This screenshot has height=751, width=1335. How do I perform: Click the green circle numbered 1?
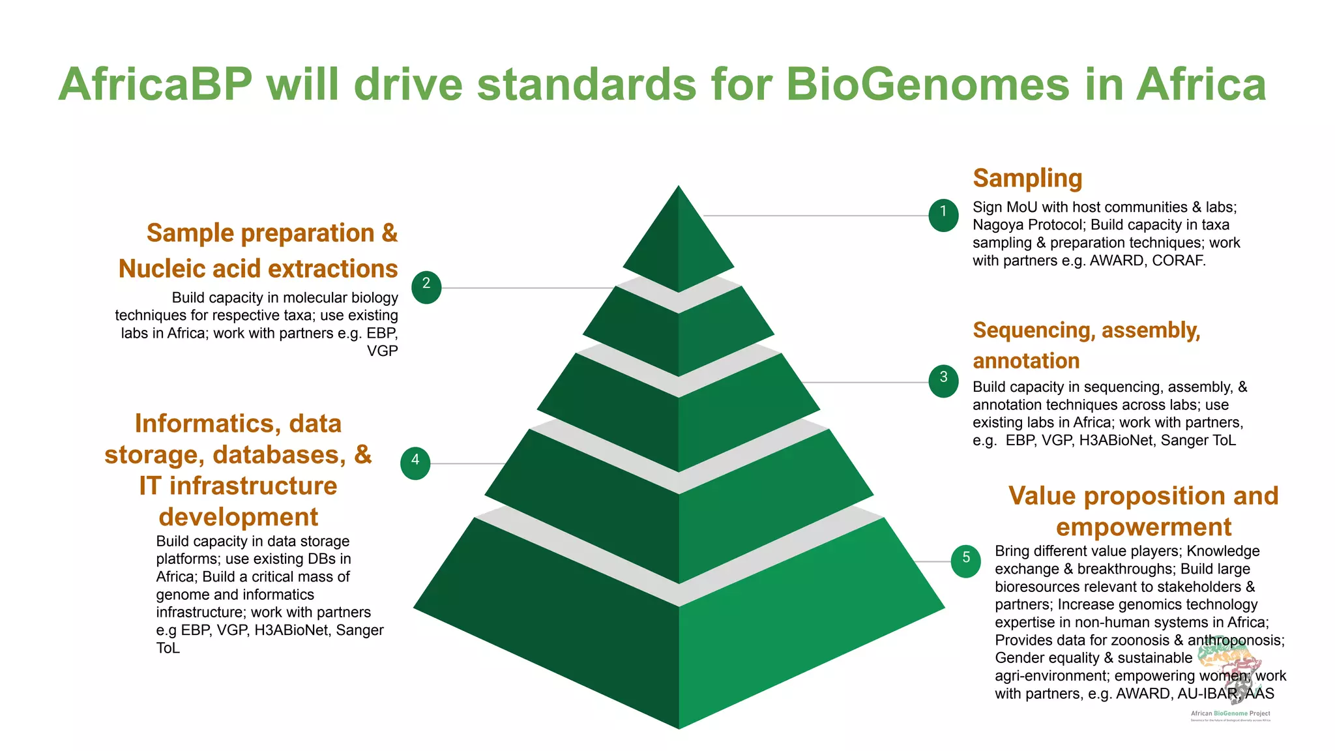pyautogui.click(x=943, y=215)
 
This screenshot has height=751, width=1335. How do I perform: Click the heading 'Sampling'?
pyautogui.click(x=1027, y=178)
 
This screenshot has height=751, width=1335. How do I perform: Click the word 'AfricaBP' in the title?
pyautogui.click(x=155, y=85)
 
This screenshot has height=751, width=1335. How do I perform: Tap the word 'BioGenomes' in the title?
pyautogui.click(x=927, y=85)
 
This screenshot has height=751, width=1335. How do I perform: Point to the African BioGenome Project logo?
pyautogui.click(x=1231, y=678)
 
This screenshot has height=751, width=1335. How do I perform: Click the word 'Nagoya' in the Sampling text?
pyautogui.click(x=999, y=225)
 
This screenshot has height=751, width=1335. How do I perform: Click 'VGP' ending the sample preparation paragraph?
pyautogui.click(x=382, y=351)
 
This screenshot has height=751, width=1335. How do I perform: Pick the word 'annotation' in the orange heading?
pyautogui.click(x=1026, y=361)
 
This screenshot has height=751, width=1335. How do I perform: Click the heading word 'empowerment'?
pyautogui.click(x=1143, y=527)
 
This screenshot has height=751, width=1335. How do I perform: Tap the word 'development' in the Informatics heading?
pyautogui.click(x=238, y=517)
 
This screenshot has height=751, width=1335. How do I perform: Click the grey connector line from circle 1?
pyautogui.click(x=815, y=215)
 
